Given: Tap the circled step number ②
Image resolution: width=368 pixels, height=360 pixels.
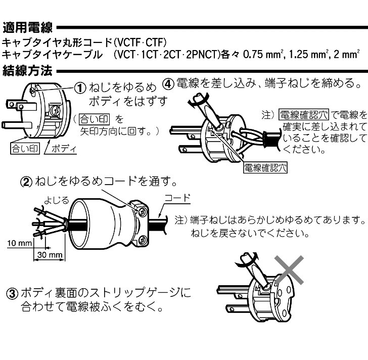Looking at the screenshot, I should click(26, 181).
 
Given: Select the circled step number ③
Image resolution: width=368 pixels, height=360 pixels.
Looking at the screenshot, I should click(11, 293).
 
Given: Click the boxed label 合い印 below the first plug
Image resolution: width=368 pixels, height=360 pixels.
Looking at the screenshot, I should click(22, 149).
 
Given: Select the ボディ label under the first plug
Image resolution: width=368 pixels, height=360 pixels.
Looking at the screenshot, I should click(64, 149).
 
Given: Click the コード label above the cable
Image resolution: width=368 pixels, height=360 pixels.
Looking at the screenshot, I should click(177, 198).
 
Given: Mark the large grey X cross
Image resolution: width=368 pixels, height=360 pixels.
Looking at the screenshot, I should click(289, 273).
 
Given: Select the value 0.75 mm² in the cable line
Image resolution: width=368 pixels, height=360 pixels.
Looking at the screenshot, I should click(265, 54).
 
